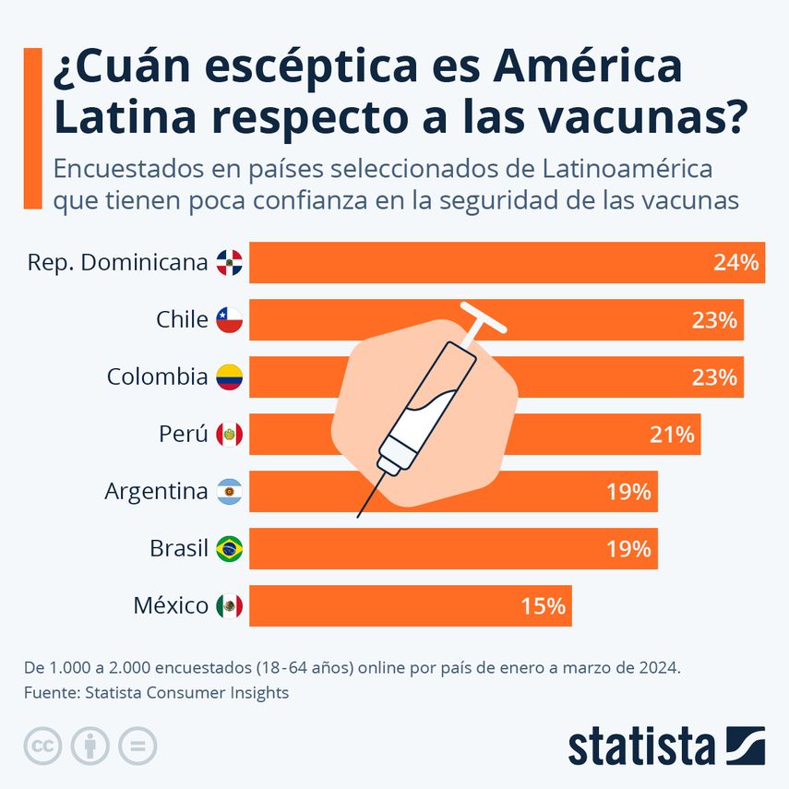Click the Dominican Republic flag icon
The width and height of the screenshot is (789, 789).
coord(229,263)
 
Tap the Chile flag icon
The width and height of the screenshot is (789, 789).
coord(229,320)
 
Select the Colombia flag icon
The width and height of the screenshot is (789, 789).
coord(229,377)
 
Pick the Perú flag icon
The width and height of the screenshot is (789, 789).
coord(229,435)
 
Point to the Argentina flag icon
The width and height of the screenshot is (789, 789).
coord(229,492)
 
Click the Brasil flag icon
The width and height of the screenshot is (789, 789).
coord(229,549)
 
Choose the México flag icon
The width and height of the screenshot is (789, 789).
coord(229,606)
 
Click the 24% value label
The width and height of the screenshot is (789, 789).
coord(735,263)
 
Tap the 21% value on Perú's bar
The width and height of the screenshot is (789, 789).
coord(671,435)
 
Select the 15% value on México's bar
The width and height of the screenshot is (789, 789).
coord(542,606)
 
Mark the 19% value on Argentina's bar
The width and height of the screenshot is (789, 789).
coord(628,492)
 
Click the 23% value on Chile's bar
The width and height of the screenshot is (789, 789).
coord(714,320)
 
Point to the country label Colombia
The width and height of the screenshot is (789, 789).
coord(157,377)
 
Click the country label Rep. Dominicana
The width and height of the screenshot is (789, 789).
coord(118,263)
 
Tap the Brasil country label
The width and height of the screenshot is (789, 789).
coord(178,549)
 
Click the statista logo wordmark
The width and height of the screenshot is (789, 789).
coord(640,747)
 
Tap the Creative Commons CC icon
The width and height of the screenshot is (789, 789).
coord(42,746)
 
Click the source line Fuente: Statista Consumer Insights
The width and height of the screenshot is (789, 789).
coord(157,692)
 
